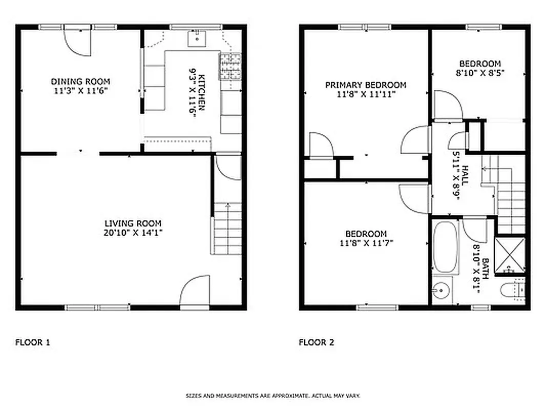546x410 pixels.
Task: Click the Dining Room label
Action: pos(80,81)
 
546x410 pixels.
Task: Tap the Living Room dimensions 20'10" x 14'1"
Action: pos(133,233)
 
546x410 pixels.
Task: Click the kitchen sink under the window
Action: pos(196,37)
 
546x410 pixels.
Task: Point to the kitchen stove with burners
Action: pos(230,67)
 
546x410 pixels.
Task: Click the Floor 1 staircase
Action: pos(227,229)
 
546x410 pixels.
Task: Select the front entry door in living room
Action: pos(195,292)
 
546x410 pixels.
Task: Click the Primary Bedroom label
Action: pos(366,85)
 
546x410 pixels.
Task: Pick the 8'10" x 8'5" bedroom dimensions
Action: pos(480,73)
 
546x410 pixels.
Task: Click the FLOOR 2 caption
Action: pos(317,342)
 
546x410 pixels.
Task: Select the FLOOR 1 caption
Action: pos(33,342)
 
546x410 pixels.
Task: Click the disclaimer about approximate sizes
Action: pos(273,396)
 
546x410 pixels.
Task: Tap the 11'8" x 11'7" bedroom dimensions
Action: pos(366,243)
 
